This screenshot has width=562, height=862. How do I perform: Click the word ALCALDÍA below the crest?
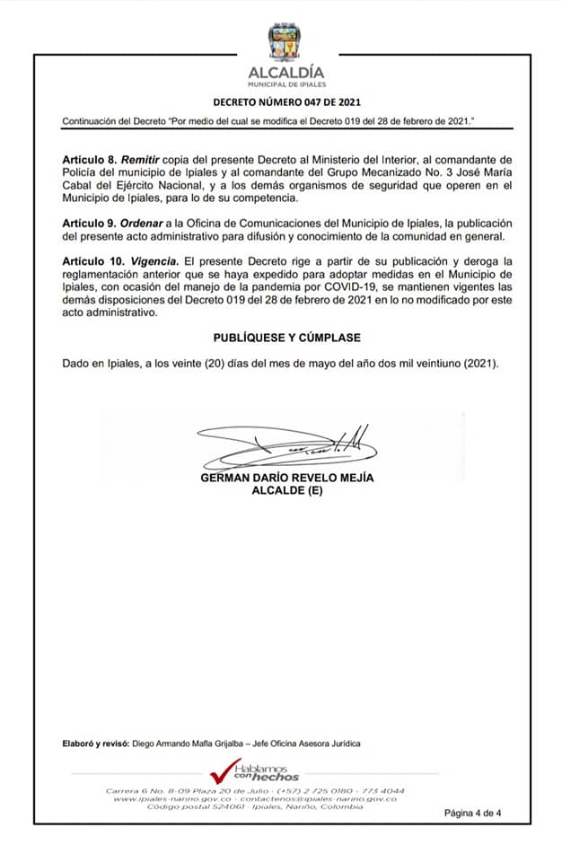coord(287,72)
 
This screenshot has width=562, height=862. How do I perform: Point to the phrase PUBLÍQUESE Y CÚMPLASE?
coord(287,338)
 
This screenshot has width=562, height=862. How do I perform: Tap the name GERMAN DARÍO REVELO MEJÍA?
coord(287,478)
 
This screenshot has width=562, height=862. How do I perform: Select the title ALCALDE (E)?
coord(287,491)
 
